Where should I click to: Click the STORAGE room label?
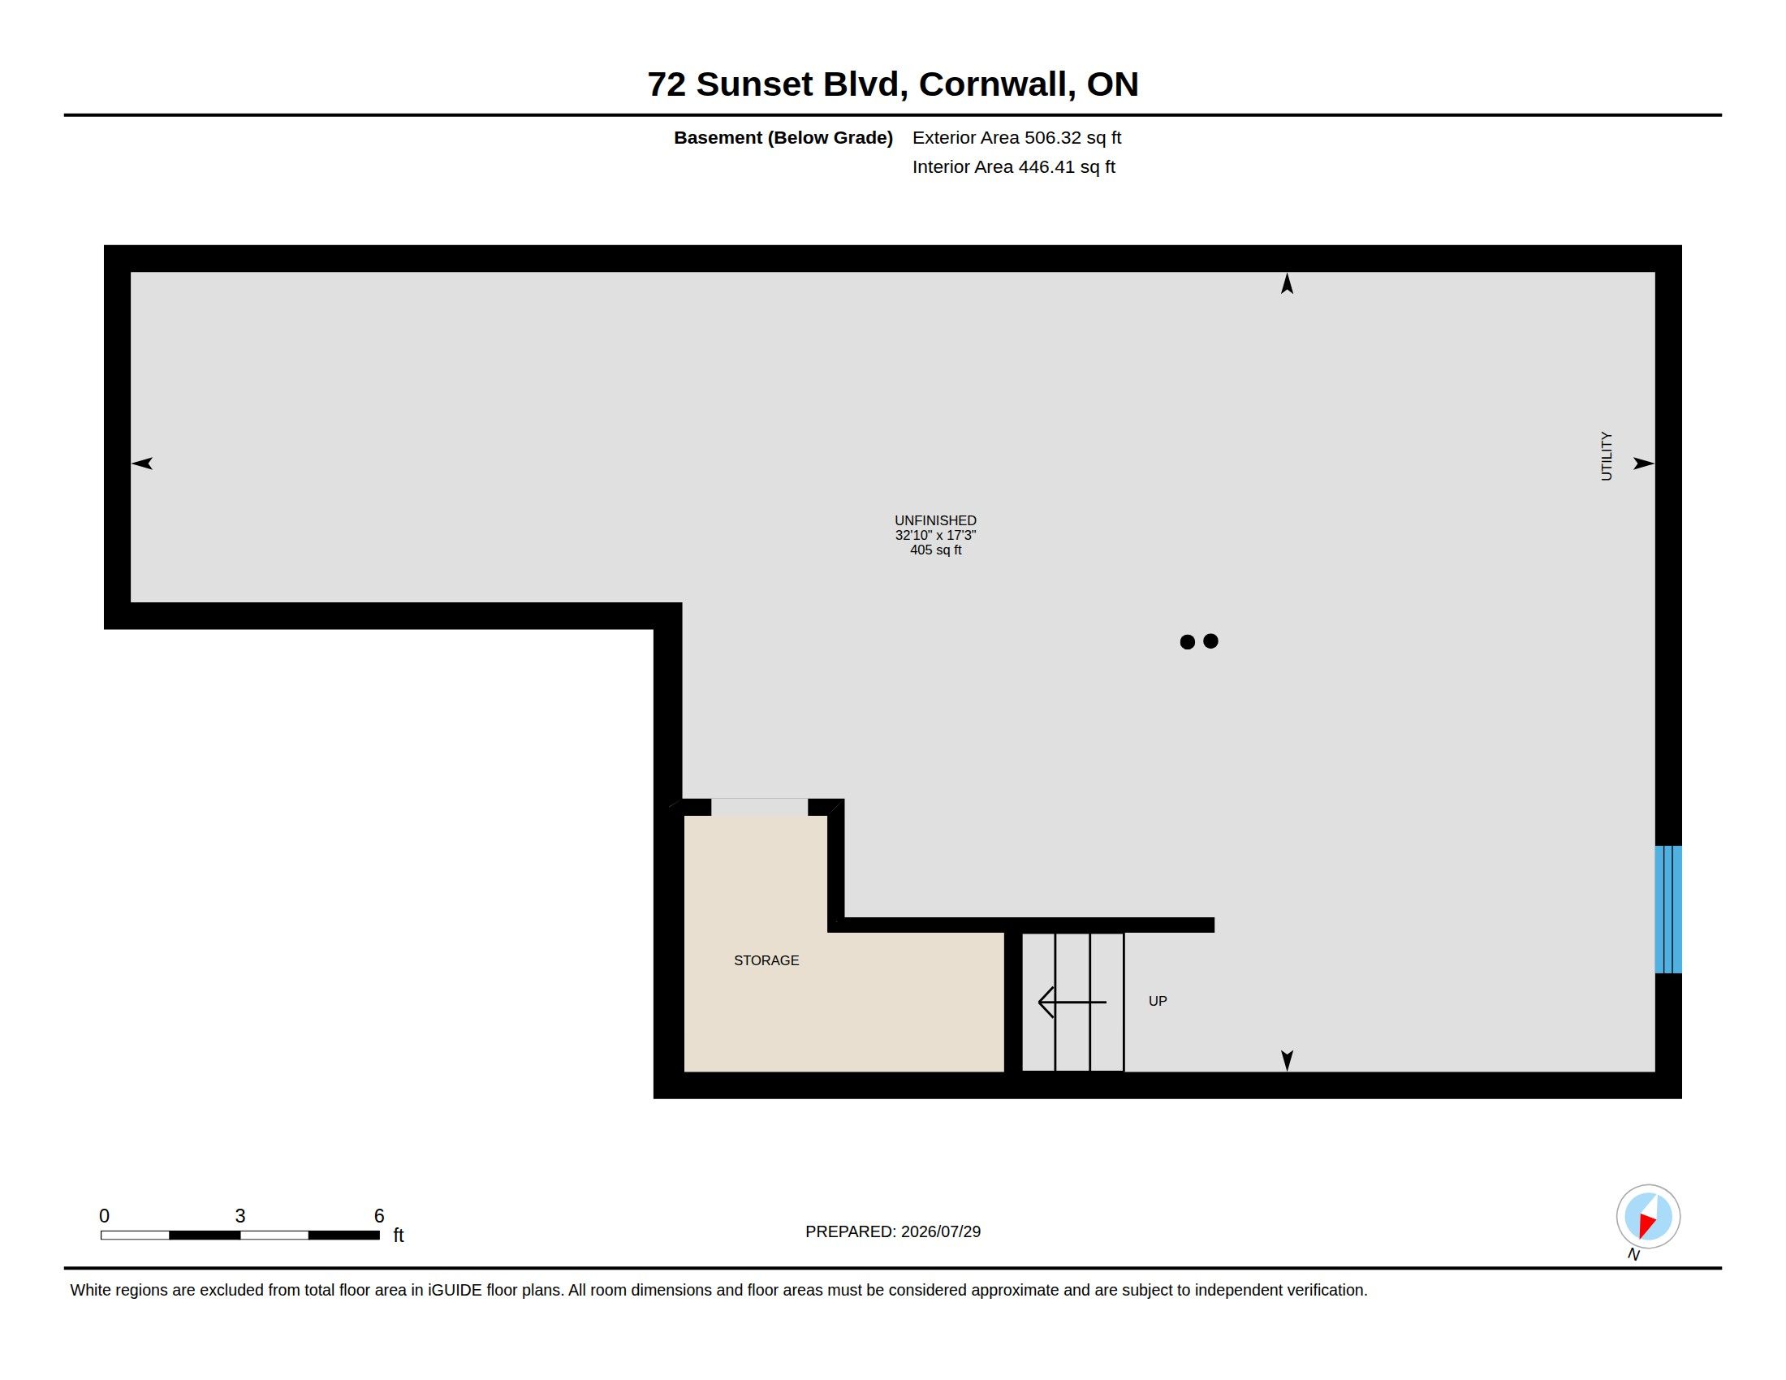[x=766, y=960]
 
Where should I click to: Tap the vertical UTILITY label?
[x=1606, y=456]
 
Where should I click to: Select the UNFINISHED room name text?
[x=935, y=521]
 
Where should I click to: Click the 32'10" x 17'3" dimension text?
[x=935, y=536]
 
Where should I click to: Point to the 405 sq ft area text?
[x=935, y=550]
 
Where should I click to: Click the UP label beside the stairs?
[x=1157, y=1001]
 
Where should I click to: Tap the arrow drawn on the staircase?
[x=1072, y=1002]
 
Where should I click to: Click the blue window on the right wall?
[x=1668, y=909]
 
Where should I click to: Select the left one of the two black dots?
[x=1188, y=642]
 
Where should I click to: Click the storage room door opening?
[x=760, y=807]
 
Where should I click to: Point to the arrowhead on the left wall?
[x=142, y=464]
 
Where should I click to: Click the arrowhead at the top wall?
[x=1288, y=283]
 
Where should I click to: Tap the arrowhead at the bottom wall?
[x=1288, y=1060]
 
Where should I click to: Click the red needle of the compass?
[x=1646, y=1225]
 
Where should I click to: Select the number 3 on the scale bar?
[x=240, y=1216]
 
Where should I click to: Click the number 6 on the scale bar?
[x=378, y=1216]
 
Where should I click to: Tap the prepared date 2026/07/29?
[x=940, y=1231]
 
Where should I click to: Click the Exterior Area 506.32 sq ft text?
[x=1016, y=137]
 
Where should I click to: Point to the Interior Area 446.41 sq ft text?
[x=1013, y=166]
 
